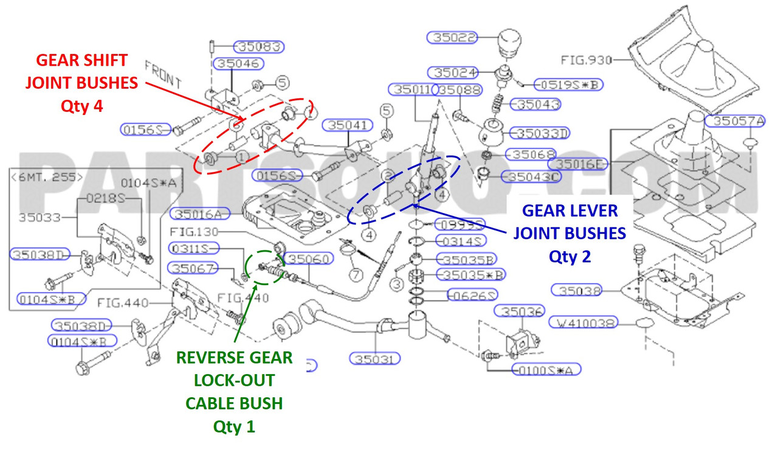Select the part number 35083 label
pos(260,47)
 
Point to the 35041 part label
pos(348,125)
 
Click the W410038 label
pos(583,322)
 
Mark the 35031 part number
pos(375,359)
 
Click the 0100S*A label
pos(545,369)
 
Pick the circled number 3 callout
pos(397,283)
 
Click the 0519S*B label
pos(568,85)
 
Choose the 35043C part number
pos(532,177)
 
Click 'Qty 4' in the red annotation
pos(81,105)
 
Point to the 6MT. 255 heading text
pos(47,177)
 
